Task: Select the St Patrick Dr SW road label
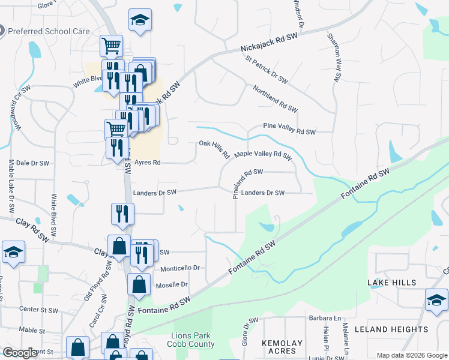click(x=267, y=68)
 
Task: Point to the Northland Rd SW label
click(x=275, y=98)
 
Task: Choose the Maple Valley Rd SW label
click(x=262, y=155)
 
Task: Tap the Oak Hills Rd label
click(x=214, y=149)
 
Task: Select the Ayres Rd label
click(x=147, y=162)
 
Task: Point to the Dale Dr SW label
click(x=31, y=163)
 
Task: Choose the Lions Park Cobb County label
click(x=193, y=340)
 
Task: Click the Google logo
click(x=20, y=353)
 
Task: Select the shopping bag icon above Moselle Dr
click(x=139, y=284)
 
